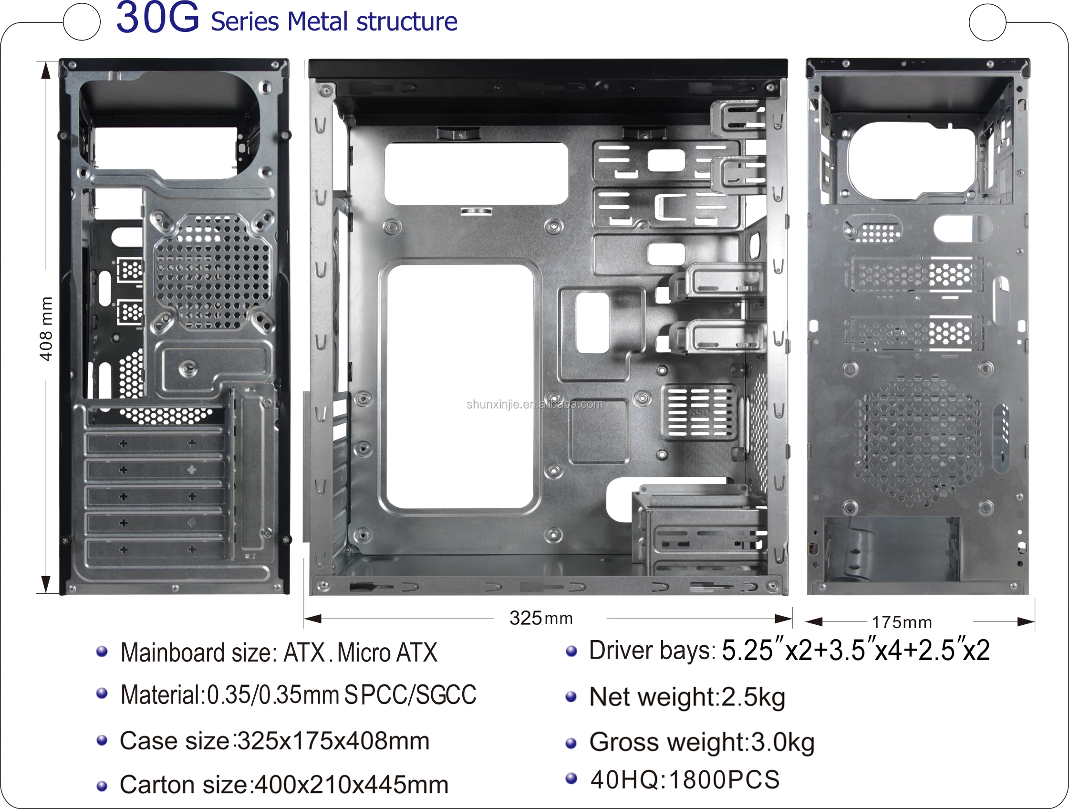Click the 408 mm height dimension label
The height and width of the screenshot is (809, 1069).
46,329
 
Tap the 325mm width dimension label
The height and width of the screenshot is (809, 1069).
541,619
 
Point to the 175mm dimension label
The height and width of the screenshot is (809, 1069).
902,622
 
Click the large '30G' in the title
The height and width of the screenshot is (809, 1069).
157,18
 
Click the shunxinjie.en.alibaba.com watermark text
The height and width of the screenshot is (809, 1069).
534,404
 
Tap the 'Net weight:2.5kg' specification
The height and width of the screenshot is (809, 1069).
687,697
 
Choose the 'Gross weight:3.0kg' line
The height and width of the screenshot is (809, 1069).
702,742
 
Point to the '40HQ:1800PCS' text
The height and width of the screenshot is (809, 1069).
685,779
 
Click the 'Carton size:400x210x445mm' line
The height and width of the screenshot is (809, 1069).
284,784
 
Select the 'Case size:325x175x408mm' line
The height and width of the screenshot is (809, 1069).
274,741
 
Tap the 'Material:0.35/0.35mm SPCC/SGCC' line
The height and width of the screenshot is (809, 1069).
298,695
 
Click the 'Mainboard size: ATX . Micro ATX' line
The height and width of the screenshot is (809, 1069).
279,652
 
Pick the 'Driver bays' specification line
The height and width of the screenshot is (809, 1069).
789,651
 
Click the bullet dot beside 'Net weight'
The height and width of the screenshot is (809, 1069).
571,697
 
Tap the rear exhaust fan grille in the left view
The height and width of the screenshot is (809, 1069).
212,272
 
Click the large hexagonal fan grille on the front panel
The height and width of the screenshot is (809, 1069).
917,440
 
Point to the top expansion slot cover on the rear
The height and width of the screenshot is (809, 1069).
156,443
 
